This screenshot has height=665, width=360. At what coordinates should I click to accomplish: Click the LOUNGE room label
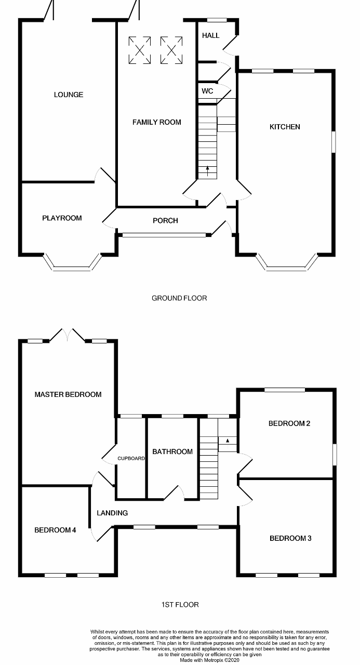(x=69, y=95)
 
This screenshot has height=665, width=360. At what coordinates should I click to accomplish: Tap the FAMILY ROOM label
(x=157, y=122)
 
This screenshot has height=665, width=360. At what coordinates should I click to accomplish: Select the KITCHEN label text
(x=285, y=127)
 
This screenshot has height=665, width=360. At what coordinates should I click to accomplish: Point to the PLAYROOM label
(x=62, y=218)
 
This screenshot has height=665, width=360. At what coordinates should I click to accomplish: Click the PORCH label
(x=165, y=221)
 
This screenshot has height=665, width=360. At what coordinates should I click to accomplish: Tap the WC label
(x=207, y=91)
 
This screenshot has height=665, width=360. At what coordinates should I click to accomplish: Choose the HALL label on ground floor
(x=210, y=35)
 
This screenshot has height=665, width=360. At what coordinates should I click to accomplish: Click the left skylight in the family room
(x=139, y=50)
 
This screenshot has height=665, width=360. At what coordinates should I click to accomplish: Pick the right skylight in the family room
(x=171, y=50)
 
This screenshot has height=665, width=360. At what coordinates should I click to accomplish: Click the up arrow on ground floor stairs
(x=208, y=170)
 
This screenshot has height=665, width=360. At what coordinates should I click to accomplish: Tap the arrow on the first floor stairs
(x=227, y=441)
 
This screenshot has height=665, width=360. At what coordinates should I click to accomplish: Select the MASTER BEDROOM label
(x=68, y=394)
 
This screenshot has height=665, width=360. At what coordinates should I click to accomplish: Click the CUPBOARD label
(x=131, y=458)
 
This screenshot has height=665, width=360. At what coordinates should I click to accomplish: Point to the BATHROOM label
(x=172, y=451)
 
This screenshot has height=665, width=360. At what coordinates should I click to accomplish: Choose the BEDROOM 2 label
(x=289, y=423)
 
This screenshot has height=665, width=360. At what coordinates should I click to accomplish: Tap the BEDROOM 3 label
(x=290, y=538)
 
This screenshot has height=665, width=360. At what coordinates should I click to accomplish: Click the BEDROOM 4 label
(x=56, y=530)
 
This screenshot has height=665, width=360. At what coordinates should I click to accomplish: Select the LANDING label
(x=112, y=513)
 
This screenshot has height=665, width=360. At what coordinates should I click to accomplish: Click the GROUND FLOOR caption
(x=179, y=298)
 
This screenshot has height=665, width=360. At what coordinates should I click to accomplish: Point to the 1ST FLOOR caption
(x=180, y=605)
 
